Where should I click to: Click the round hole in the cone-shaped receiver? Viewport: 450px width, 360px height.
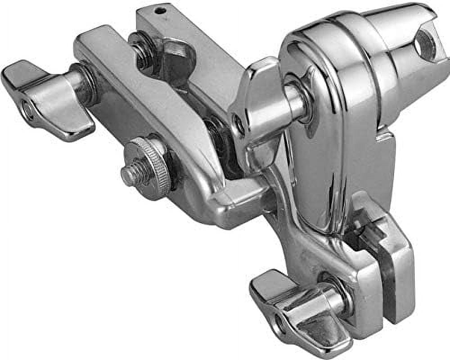(x=426, y=45)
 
